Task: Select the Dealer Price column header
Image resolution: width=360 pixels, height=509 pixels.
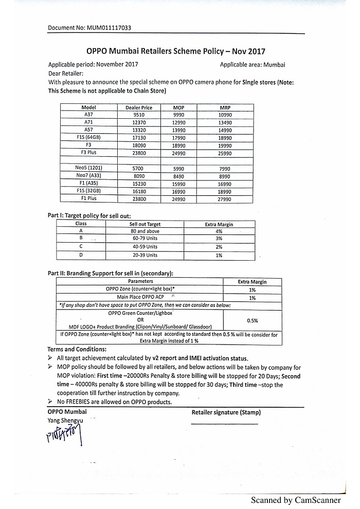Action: [x=139, y=107]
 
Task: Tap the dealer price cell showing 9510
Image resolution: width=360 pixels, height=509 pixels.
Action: [x=139, y=115]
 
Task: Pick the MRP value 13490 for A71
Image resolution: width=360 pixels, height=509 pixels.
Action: [x=225, y=122]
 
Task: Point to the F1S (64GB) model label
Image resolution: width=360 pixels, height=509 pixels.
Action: [x=88, y=138]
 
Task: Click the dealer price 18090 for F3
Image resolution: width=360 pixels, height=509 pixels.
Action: [x=139, y=146]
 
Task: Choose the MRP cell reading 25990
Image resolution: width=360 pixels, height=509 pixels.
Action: [x=225, y=153]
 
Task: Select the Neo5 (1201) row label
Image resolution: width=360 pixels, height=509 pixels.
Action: [x=88, y=168]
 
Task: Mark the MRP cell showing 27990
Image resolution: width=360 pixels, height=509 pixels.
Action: [x=225, y=198]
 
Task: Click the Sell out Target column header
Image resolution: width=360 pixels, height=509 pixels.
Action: [x=145, y=224]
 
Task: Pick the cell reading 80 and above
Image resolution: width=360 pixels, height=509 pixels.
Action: [x=145, y=231]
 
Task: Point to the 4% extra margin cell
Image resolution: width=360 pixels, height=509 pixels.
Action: [x=219, y=231]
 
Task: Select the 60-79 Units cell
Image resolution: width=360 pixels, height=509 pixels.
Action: [x=145, y=239]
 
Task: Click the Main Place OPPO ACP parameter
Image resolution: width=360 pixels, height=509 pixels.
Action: [x=140, y=297]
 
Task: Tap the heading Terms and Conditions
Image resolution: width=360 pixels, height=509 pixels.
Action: [x=69, y=350]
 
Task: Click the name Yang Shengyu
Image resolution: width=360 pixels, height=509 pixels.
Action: [x=65, y=421]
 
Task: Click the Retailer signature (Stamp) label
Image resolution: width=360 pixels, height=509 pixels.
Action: [x=226, y=412]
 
